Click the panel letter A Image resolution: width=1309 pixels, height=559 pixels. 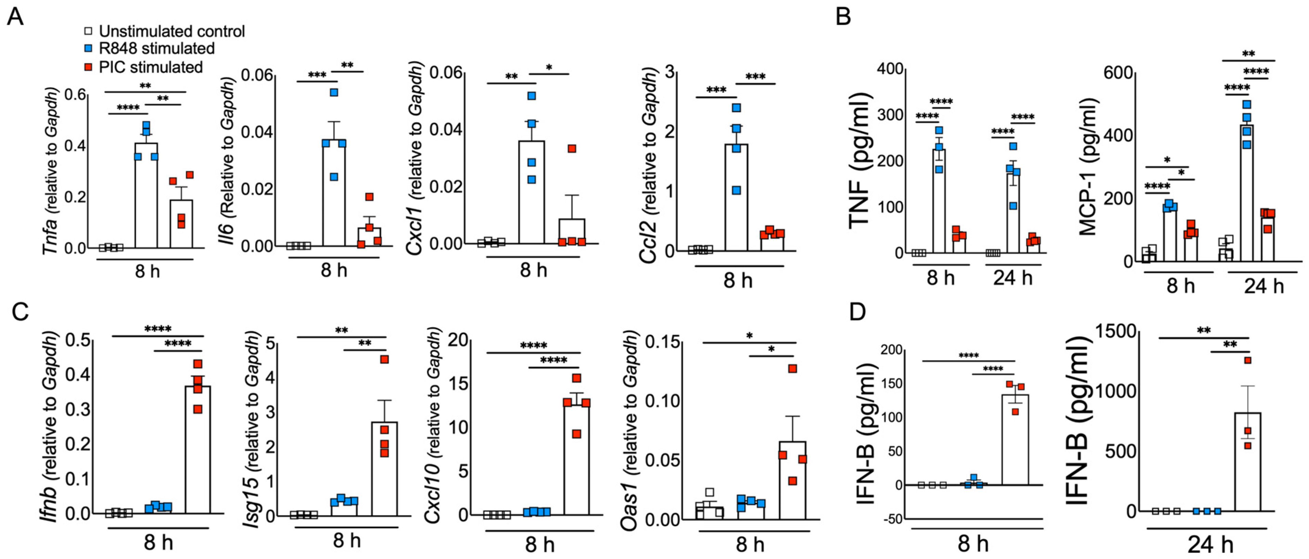15,16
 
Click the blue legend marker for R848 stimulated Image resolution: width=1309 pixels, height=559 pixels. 88,49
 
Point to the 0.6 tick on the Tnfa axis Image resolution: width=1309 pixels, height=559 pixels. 75,95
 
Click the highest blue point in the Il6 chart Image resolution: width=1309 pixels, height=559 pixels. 334,92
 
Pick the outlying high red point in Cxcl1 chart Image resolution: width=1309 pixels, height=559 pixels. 572,148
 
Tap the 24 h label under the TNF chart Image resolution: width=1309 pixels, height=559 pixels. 1013,278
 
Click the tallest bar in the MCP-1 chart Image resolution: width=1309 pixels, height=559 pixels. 1246,193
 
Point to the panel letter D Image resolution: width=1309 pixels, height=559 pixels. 857,312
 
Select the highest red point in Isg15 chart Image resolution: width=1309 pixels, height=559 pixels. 385,359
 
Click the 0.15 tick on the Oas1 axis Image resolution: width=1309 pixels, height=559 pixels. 663,342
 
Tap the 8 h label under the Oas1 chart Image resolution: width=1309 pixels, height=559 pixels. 750,544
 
